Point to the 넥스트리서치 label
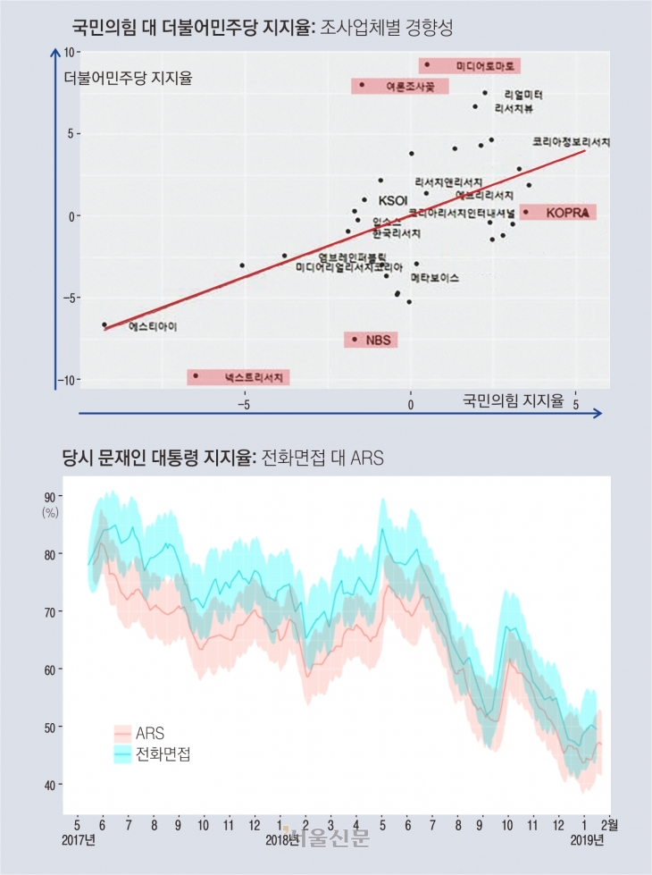(x=253, y=378)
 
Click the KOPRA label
(x=565, y=213)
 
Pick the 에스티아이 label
(x=153, y=327)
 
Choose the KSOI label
(x=393, y=200)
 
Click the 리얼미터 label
(x=523, y=94)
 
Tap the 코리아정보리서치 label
(x=571, y=141)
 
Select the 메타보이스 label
(x=435, y=278)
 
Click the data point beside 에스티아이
(x=104, y=325)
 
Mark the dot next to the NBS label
(x=355, y=339)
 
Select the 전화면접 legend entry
(x=163, y=755)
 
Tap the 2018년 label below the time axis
(x=282, y=841)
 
